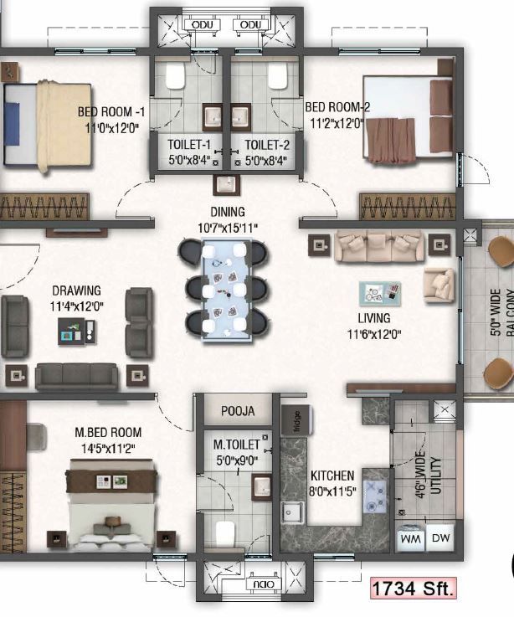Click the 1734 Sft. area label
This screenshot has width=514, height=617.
[x=413, y=589]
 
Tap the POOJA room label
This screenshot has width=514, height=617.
[x=238, y=411]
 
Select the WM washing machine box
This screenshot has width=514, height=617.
[x=410, y=537]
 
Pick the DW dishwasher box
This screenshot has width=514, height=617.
[x=440, y=537]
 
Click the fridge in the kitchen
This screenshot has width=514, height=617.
[x=296, y=420]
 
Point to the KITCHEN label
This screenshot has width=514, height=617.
[x=332, y=476]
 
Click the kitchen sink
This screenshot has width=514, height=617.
[x=292, y=512]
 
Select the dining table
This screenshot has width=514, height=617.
[x=227, y=290]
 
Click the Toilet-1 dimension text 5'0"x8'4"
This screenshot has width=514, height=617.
[x=190, y=160]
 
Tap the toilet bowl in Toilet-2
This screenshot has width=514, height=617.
[x=277, y=76]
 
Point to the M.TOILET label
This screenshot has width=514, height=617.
[x=237, y=445]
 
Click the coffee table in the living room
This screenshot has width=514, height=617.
[x=380, y=294]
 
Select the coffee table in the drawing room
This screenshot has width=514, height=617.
[x=77, y=332]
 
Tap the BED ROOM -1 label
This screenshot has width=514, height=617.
[x=111, y=111]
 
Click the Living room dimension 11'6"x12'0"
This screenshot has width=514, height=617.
[x=374, y=335]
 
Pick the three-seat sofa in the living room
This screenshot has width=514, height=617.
[x=379, y=247]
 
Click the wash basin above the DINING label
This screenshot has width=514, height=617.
[x=226, y=184]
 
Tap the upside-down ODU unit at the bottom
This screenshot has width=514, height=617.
[x=264, y=584]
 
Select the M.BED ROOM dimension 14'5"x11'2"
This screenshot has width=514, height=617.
[x=108, y=449]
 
